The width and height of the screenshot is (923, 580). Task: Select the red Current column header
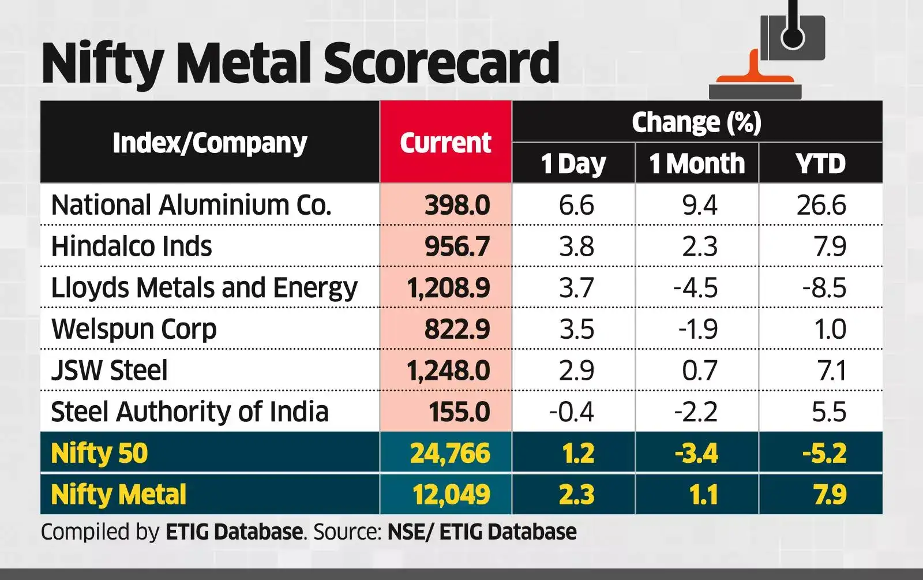445,143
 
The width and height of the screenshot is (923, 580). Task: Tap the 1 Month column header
697,163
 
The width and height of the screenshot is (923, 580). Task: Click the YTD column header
820,163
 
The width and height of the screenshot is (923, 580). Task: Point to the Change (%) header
696,122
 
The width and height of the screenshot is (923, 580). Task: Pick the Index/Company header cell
209,143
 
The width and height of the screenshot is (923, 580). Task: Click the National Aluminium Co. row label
192,205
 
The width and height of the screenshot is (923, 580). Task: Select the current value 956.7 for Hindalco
457,246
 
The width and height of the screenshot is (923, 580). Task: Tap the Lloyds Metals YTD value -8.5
824,287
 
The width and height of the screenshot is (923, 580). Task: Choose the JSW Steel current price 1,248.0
448,371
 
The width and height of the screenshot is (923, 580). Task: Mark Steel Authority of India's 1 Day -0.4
571,411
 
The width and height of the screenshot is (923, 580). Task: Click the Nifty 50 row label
99,453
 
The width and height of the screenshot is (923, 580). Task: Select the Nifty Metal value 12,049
451,495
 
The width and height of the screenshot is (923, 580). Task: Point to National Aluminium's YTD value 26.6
821,205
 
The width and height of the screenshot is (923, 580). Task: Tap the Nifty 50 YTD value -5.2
824,453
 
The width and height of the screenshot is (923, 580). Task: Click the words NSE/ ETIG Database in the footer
482,532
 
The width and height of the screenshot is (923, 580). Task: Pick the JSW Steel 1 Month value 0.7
700,371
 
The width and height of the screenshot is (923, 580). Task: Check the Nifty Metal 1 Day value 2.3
576,495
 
